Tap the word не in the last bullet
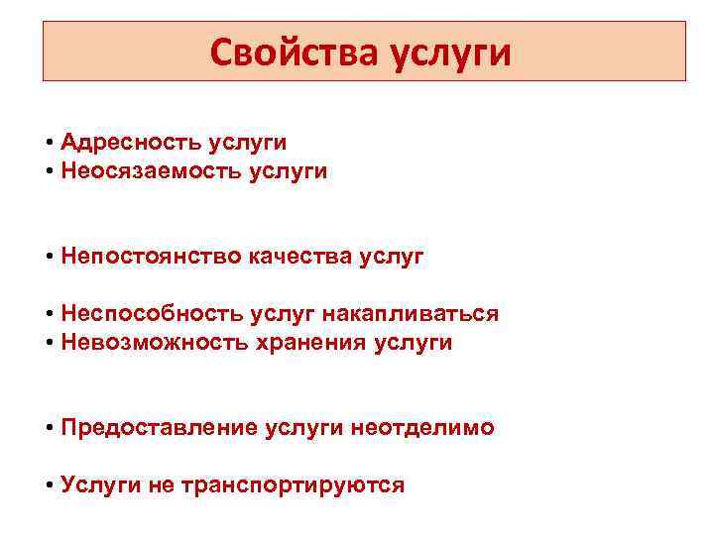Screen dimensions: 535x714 coord(161,485)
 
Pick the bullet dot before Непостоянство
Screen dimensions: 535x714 coord(49,257)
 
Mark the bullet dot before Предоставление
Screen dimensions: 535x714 coord(49,428)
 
